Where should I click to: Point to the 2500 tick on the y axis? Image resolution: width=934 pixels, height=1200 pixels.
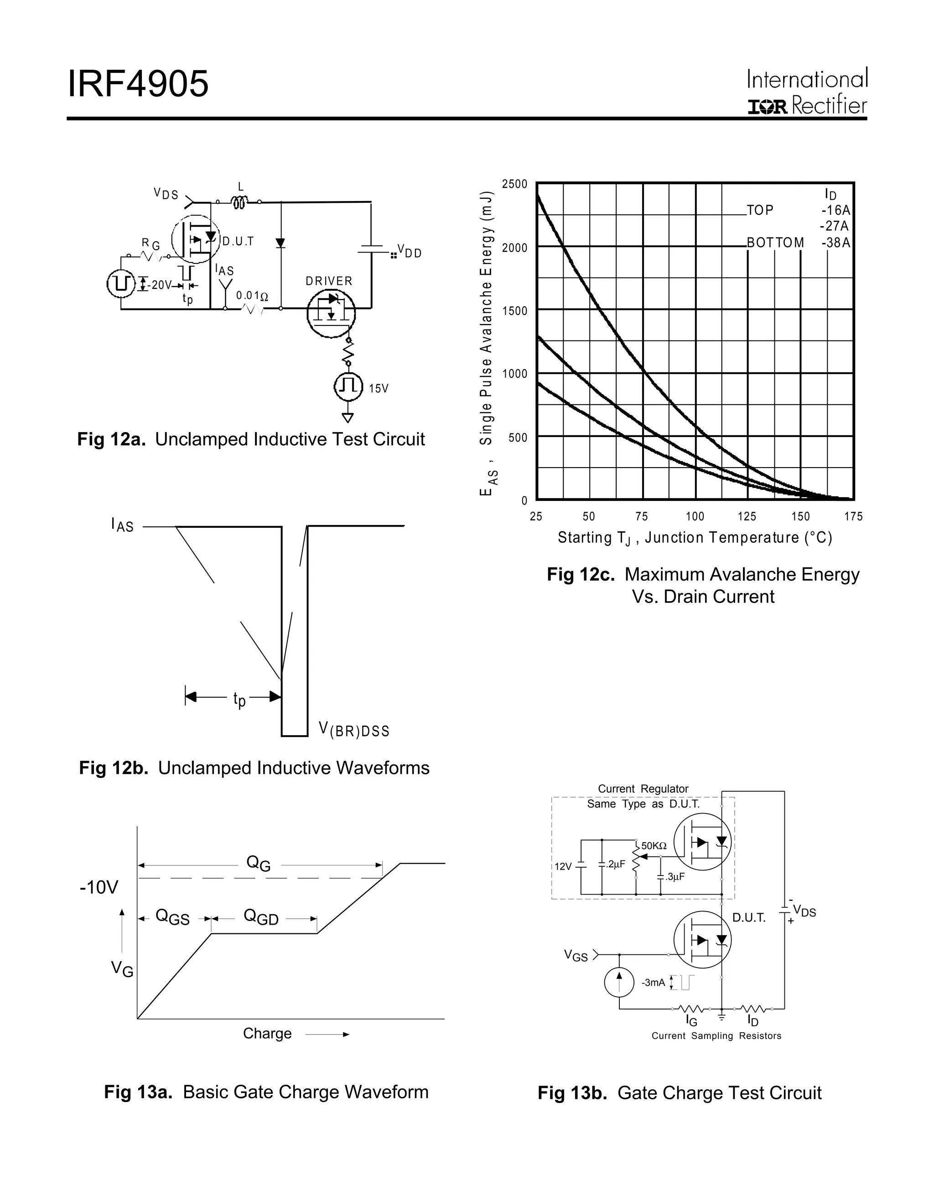pos(514,184)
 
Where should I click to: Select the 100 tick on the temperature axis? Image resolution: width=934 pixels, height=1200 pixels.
pos(695,516)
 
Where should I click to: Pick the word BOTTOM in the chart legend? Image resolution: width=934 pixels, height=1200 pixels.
pos(775,243)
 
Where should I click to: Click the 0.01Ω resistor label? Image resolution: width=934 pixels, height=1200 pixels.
pos(252,296)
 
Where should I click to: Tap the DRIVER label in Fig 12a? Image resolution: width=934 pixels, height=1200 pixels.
pos(329,281)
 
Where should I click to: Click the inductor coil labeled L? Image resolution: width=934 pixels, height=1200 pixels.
pos(239,203)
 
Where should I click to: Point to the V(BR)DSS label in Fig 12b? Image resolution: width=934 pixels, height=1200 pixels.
pos(354,730)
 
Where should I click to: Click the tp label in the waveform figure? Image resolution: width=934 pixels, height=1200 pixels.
pos(239,700)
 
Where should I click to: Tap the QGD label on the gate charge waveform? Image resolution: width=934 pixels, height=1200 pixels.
pos(261,917)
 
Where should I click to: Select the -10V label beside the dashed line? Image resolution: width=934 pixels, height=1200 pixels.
pos(99,887)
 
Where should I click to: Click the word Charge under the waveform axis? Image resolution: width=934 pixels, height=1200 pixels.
pos(267,1034)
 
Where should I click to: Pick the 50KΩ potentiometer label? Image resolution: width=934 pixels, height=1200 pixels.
pos(654,845)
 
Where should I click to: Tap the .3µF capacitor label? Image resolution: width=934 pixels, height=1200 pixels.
pos(675,877)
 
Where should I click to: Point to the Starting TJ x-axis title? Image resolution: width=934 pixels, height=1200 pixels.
pos(695,537)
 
